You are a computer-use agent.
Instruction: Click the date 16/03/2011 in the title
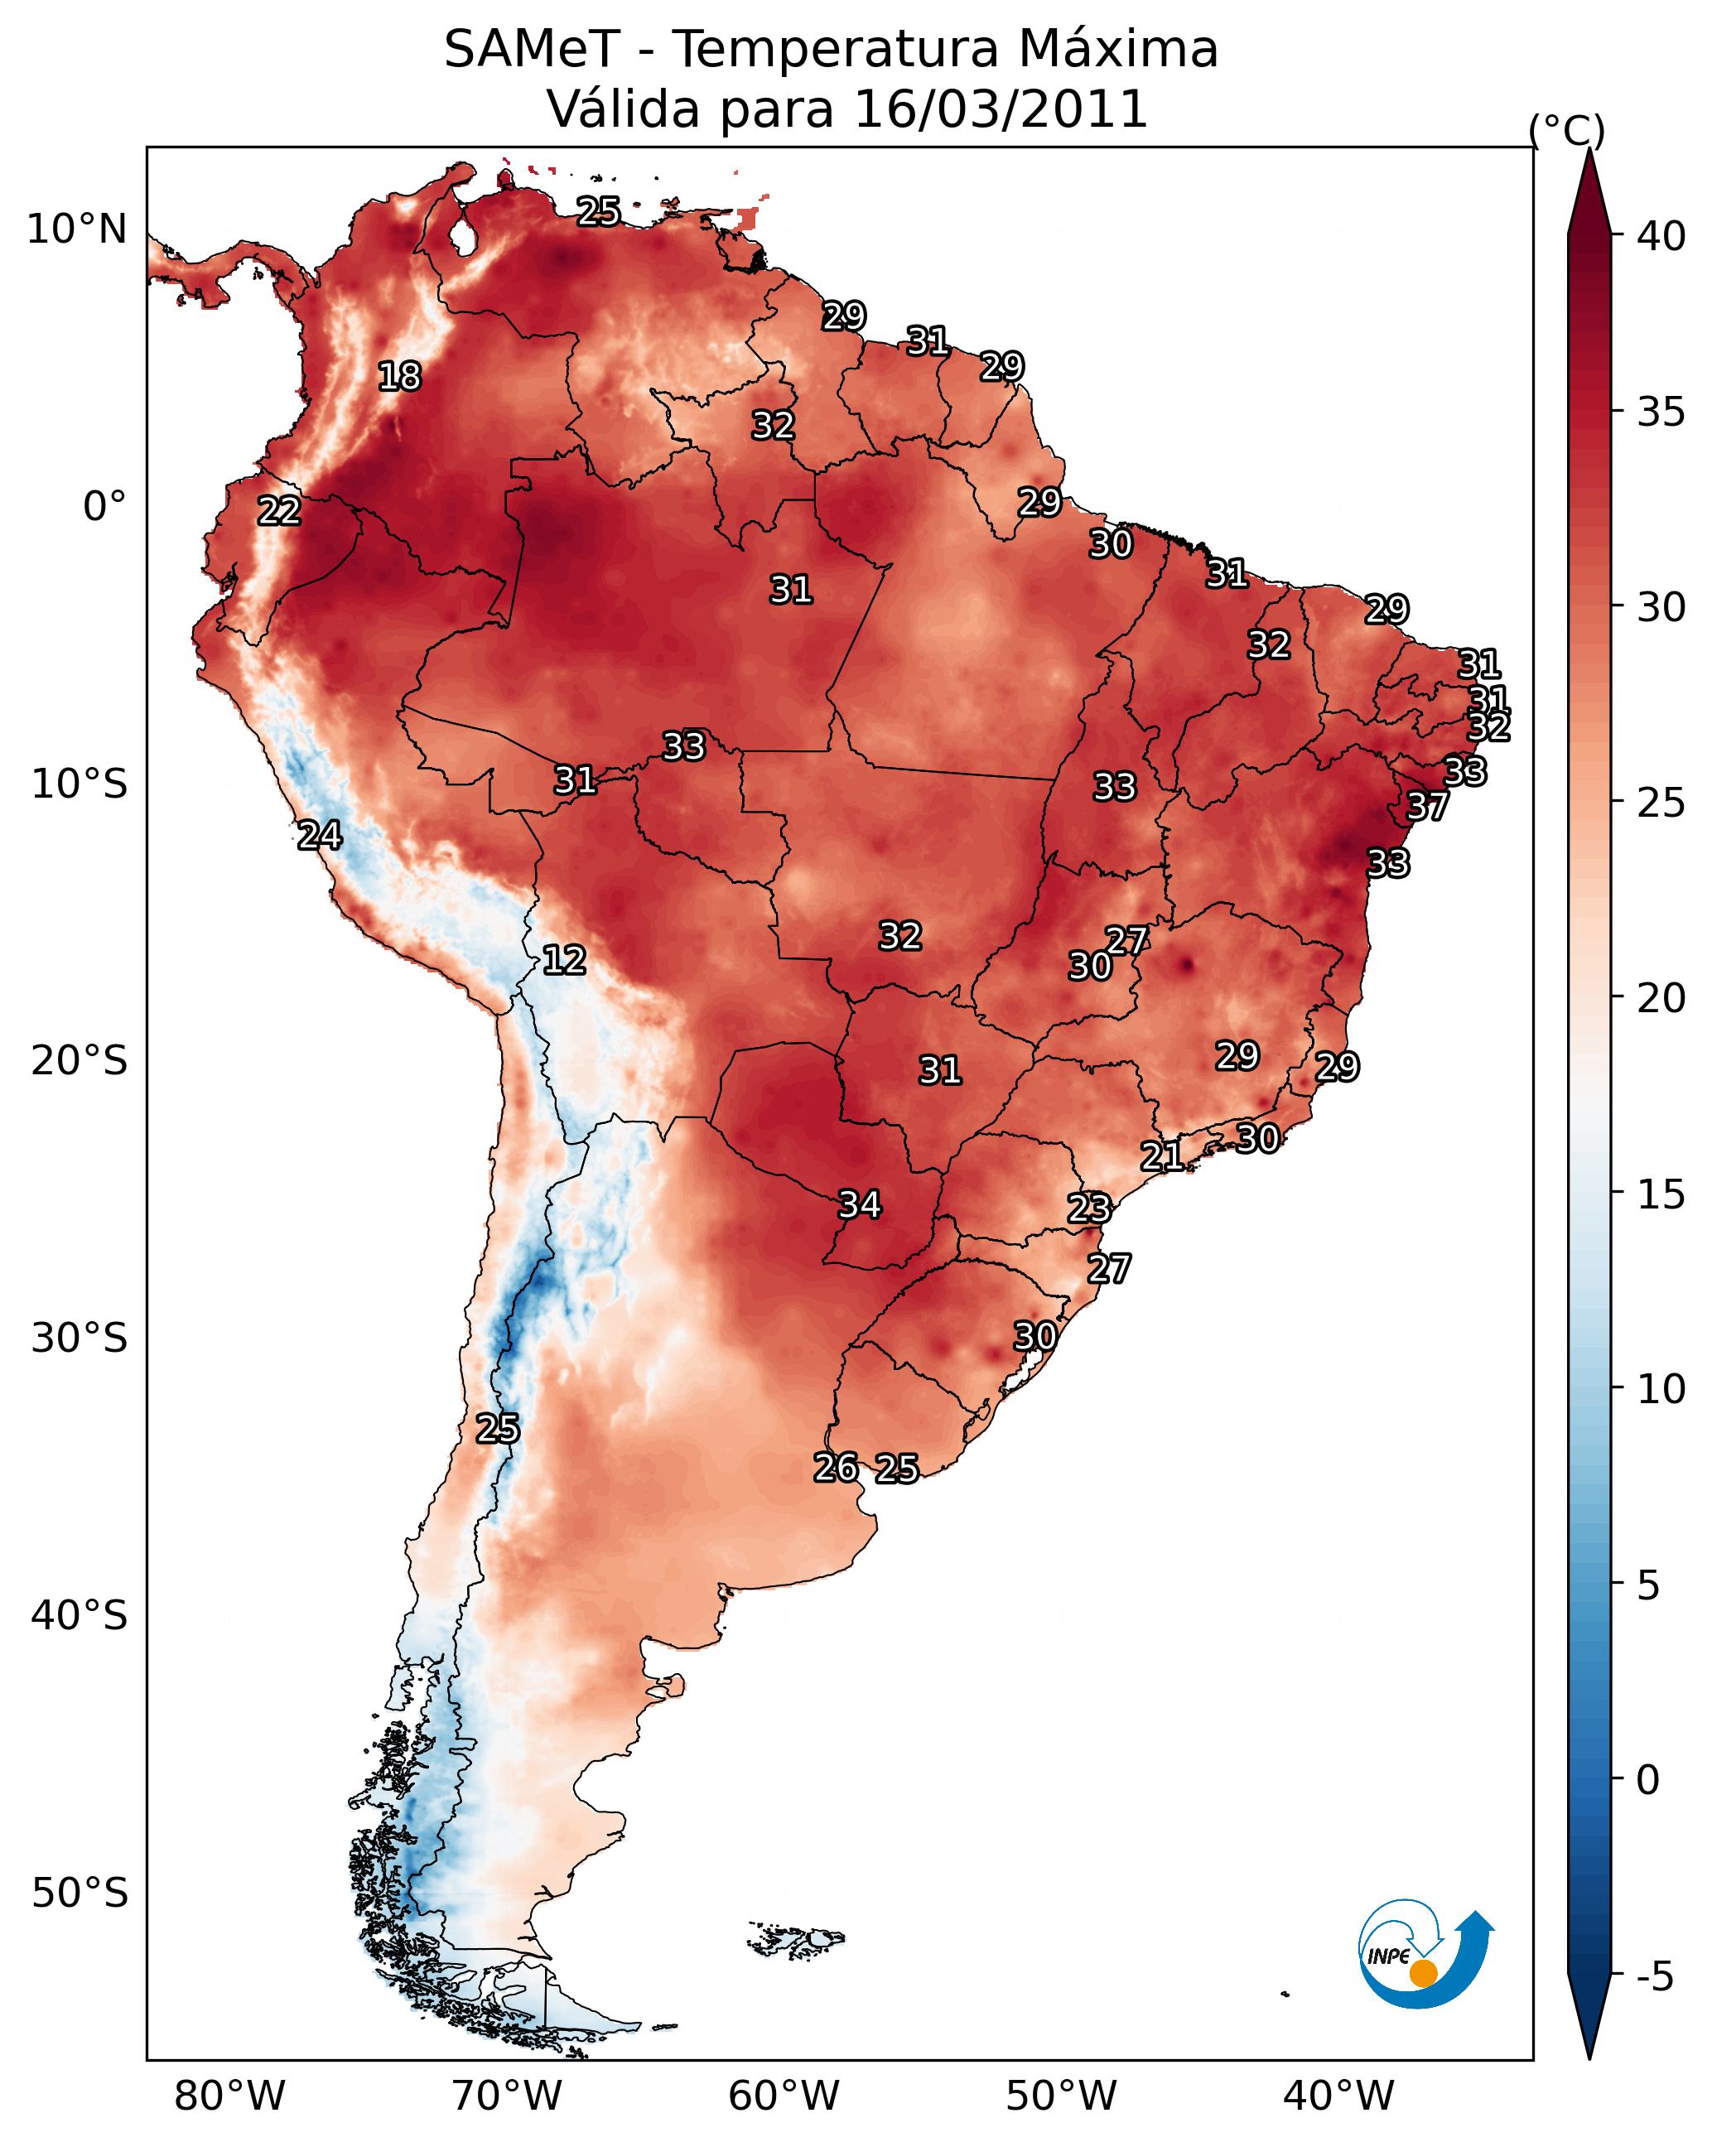coord(1000,109)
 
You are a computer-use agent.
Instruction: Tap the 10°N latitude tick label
coord(76,229)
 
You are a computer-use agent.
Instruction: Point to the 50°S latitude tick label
coord(80,1894)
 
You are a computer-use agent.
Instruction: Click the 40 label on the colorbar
coord(1661,236)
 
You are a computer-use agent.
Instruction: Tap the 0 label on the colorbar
coord(1647,1780)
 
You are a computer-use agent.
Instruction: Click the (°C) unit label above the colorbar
coord(1567,130)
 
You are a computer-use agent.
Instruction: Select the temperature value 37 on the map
coord(1428,807)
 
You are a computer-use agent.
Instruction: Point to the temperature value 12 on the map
coord(564,960)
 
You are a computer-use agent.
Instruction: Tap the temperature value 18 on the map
coord(399,377)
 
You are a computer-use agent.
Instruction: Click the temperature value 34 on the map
coord(860,1205)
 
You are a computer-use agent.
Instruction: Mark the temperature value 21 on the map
coord(1161,1155)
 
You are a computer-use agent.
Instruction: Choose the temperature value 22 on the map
coord(279,512)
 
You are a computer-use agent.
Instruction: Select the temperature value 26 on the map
coord(836,1468)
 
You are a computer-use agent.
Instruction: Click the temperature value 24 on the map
coord(320,836)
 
